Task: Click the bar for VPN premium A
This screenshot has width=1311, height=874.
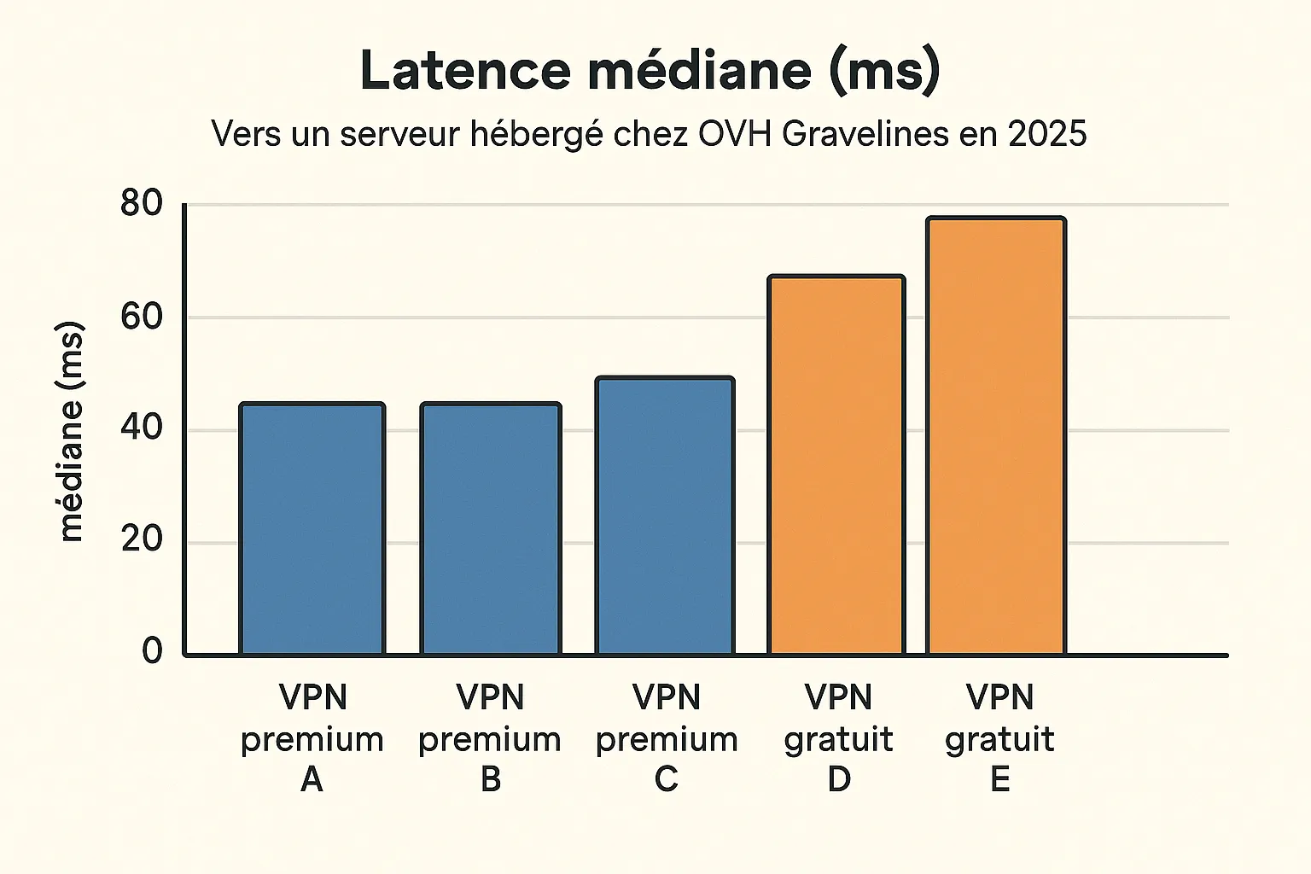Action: pos(312,529)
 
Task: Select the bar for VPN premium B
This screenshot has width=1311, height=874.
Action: pos(491,529)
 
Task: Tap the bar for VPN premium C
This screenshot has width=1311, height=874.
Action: pos(665,516)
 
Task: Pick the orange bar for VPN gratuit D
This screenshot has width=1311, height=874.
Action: pos(836,466)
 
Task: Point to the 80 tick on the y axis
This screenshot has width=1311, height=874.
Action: pos(141,204)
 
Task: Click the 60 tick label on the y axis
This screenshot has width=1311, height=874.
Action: pos(141,317)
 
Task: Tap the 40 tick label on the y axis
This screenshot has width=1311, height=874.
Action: pos(141,428)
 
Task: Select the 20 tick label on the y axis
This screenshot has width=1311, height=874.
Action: pos(141,540)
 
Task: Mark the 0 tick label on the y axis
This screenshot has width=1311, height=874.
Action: pos(152,651)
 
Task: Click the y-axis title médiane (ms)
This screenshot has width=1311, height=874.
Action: pos(71,432)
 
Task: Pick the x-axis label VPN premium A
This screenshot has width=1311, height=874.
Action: pos(312,738)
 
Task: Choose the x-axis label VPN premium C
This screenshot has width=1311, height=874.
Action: pos(667,738)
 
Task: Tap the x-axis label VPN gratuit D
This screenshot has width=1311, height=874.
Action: pos(839,738)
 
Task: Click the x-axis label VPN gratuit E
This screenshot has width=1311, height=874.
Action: pos(999,738)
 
